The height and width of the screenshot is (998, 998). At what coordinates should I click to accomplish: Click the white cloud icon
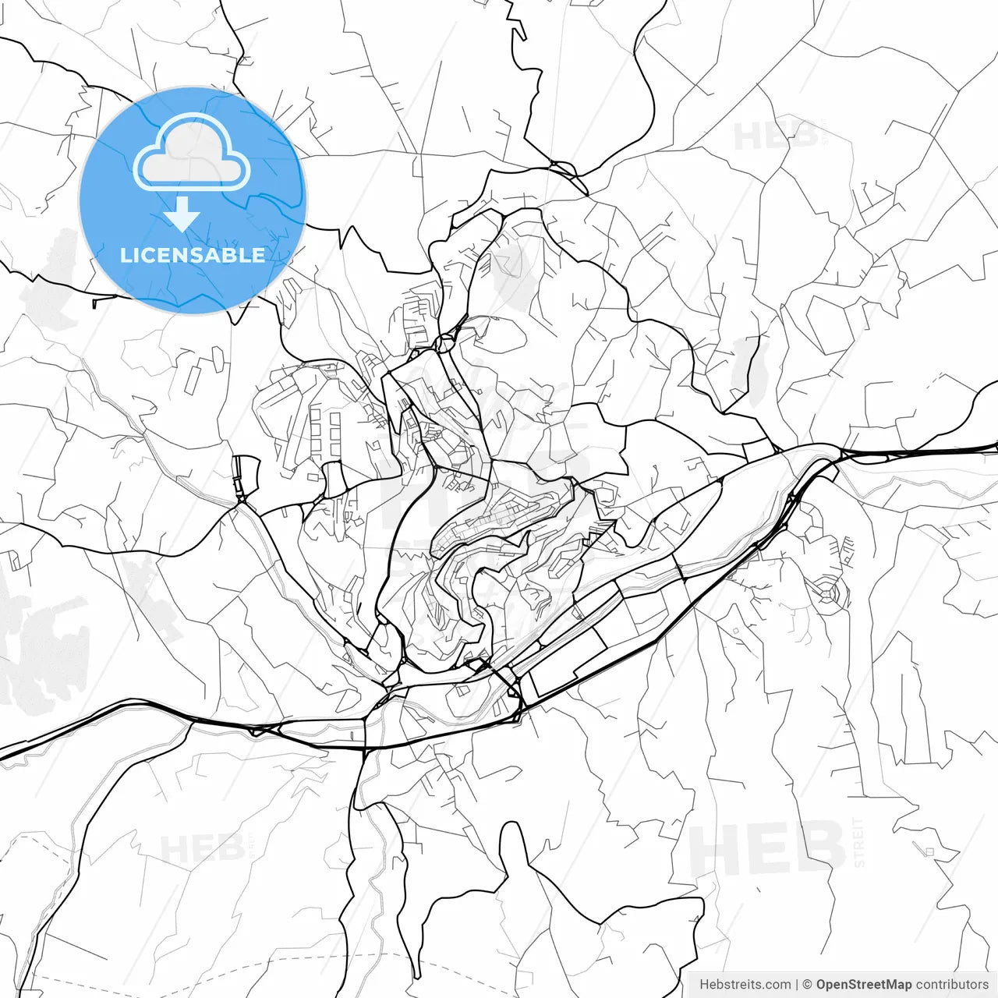(x=192, y=152)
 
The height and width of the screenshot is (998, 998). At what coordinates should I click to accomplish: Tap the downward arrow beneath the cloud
(x=182, y=214)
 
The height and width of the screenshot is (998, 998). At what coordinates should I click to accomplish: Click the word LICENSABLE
(x=193, y=255)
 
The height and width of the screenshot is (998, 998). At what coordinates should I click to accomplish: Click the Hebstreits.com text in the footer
(x=745, y=985)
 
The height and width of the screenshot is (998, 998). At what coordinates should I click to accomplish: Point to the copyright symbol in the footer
(x=808, y=985)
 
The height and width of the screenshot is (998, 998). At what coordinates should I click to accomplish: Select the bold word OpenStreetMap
(x=864, y=985)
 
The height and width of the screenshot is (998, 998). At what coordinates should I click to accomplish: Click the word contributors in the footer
(x=952, y=985)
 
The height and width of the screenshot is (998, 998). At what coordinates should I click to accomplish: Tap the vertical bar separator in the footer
(x=796, y=985)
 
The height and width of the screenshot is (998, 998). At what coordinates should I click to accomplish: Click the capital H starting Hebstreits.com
(x=704, y=985)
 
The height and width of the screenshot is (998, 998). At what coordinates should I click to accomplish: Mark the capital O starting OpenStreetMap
(x=822, y=985)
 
